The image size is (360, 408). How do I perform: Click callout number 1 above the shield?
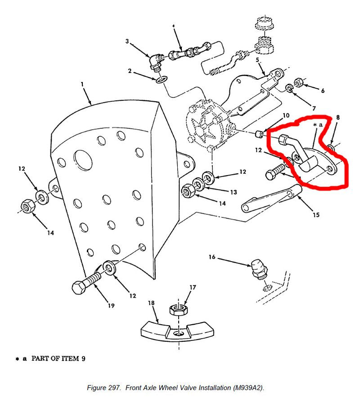click(82, 84)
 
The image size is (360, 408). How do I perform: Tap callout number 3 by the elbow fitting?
click(127, 41)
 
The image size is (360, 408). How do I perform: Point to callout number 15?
click(316, 215)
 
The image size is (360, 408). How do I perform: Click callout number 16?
click(212, 257)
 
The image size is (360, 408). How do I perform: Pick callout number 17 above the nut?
click(193, 287)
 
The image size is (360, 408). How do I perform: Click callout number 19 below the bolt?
click(111, 306)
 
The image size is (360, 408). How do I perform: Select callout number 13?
click(233, 192)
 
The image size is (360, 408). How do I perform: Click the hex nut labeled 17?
click(179, 309)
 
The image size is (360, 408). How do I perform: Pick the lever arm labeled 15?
click(270, 199)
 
